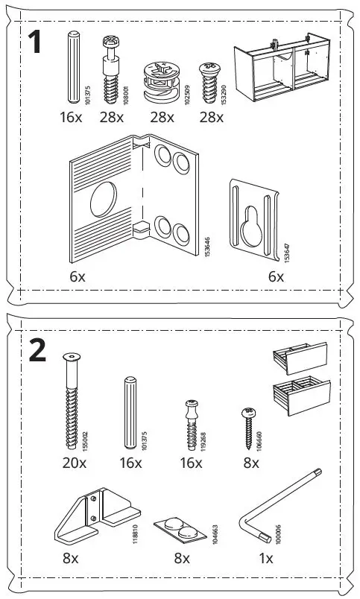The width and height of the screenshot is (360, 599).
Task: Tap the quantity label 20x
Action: pyautogui.click(x=74, y=463)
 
